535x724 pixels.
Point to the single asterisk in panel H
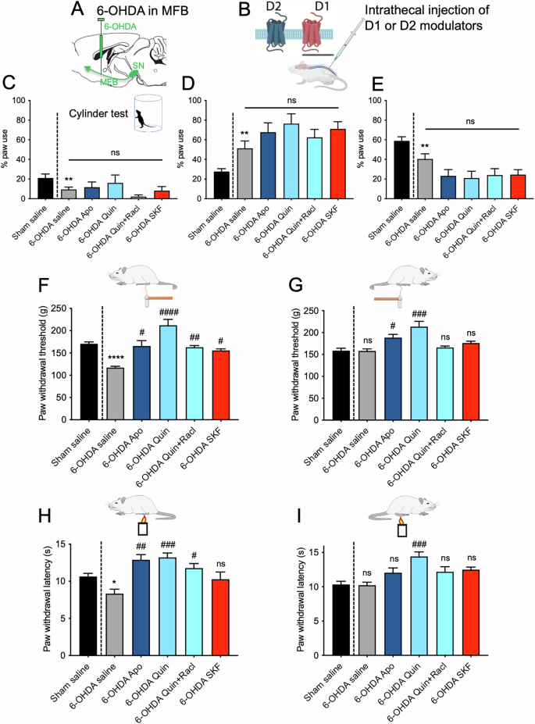click(115, 583)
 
